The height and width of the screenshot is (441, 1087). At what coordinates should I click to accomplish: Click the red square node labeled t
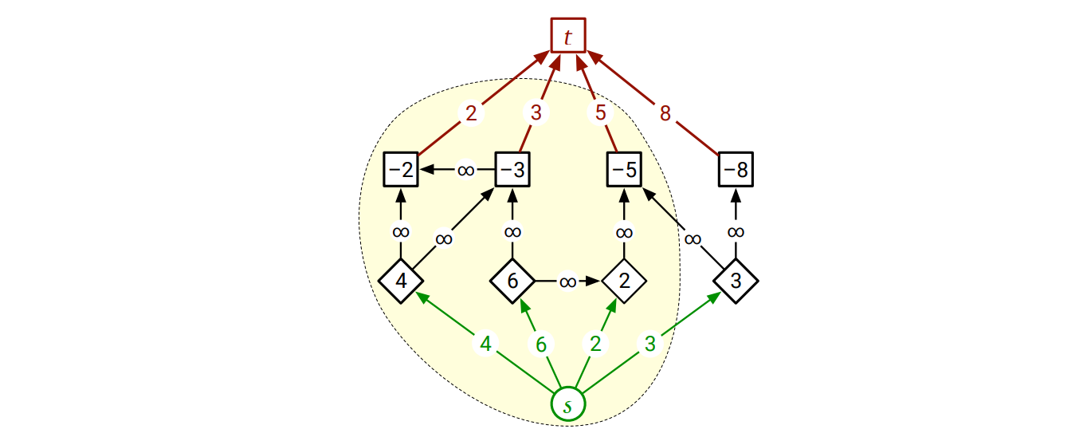(x=568, y=36)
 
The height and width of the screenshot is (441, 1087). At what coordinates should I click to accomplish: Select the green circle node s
(x=568, y=405)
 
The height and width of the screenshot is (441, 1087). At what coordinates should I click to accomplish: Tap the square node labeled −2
(x=401, y=169)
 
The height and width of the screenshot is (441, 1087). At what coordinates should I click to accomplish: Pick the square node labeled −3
(x=513, y=169)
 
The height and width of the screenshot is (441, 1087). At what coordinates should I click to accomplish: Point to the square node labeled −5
(x=624, y=169)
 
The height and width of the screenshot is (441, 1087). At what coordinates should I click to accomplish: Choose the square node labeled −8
(x=736, y=169)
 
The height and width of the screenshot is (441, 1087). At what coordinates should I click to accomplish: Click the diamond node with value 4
(x=401, y=281)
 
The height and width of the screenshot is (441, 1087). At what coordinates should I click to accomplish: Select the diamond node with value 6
(x=513, y=281)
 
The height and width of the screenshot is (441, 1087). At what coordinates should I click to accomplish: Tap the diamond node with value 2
(x=624, y=281)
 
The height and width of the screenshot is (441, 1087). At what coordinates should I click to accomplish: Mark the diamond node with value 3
(x=736, y=281)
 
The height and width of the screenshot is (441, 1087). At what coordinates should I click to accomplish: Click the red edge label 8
(x=665, y=114)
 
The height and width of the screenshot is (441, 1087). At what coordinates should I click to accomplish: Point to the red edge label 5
(x=601, y=114)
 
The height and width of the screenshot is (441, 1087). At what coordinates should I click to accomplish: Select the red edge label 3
(x=536, y=114)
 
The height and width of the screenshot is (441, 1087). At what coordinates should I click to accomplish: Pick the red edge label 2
(x=472, y=114)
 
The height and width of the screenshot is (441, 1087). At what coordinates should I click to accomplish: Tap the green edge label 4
(x=485, y=344)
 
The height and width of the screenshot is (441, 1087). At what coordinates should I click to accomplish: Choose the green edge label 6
(x=541, y=344)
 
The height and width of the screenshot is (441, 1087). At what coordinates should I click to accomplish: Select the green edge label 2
(x=595, y=344)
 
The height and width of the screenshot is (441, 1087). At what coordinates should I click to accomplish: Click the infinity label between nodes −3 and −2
(x=465, y=170)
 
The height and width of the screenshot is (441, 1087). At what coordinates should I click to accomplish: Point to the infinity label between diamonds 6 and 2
(x=567, y=282)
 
